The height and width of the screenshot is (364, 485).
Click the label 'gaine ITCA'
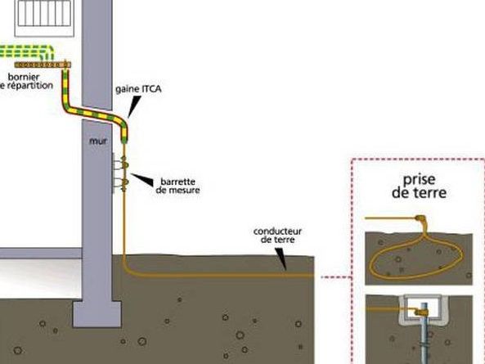138,89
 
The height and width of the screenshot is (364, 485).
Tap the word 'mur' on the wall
98,141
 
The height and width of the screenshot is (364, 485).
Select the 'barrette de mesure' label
177,186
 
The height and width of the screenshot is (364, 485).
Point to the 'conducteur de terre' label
277,236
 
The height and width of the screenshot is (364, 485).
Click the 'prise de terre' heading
419,186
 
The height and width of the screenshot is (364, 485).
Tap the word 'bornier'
24,77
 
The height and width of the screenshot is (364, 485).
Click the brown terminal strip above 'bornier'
43,65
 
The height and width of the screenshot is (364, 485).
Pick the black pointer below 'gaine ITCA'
133,106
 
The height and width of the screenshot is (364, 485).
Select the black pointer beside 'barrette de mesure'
142,179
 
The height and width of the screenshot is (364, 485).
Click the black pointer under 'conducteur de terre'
281,259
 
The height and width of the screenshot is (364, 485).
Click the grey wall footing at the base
97,315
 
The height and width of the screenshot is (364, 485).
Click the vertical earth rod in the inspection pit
424,334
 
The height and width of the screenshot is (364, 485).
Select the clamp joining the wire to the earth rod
421,312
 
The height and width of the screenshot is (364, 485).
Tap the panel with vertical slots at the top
44,18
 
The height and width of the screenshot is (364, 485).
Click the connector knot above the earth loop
420,218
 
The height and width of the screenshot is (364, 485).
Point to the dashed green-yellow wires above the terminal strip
27,52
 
